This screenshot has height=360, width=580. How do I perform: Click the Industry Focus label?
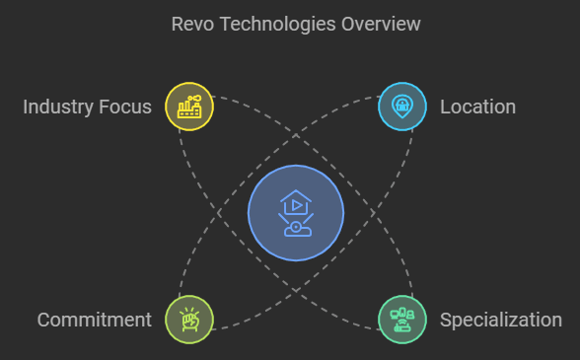coord(87,107)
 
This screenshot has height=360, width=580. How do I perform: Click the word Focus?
coord(125,107)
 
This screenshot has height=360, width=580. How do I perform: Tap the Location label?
coord(477,107)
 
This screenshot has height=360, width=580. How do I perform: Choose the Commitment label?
coord(95,320)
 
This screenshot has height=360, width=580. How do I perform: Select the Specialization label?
coord(501,320)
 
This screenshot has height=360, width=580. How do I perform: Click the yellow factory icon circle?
coord(188,107)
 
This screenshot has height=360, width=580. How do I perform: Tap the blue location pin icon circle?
coord(402,107)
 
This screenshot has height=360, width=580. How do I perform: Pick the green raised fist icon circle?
coord(188,320)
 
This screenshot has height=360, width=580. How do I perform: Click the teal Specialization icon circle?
coord(402,320)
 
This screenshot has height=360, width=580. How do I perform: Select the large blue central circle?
coord(295,213)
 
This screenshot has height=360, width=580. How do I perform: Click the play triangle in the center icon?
coord(296,204)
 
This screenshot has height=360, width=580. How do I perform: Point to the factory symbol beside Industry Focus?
coord(188,107)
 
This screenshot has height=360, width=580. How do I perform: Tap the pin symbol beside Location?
coord(402,106)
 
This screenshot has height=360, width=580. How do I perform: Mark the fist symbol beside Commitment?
coord(188,320)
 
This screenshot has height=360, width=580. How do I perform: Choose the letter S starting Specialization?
coord(446,320)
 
